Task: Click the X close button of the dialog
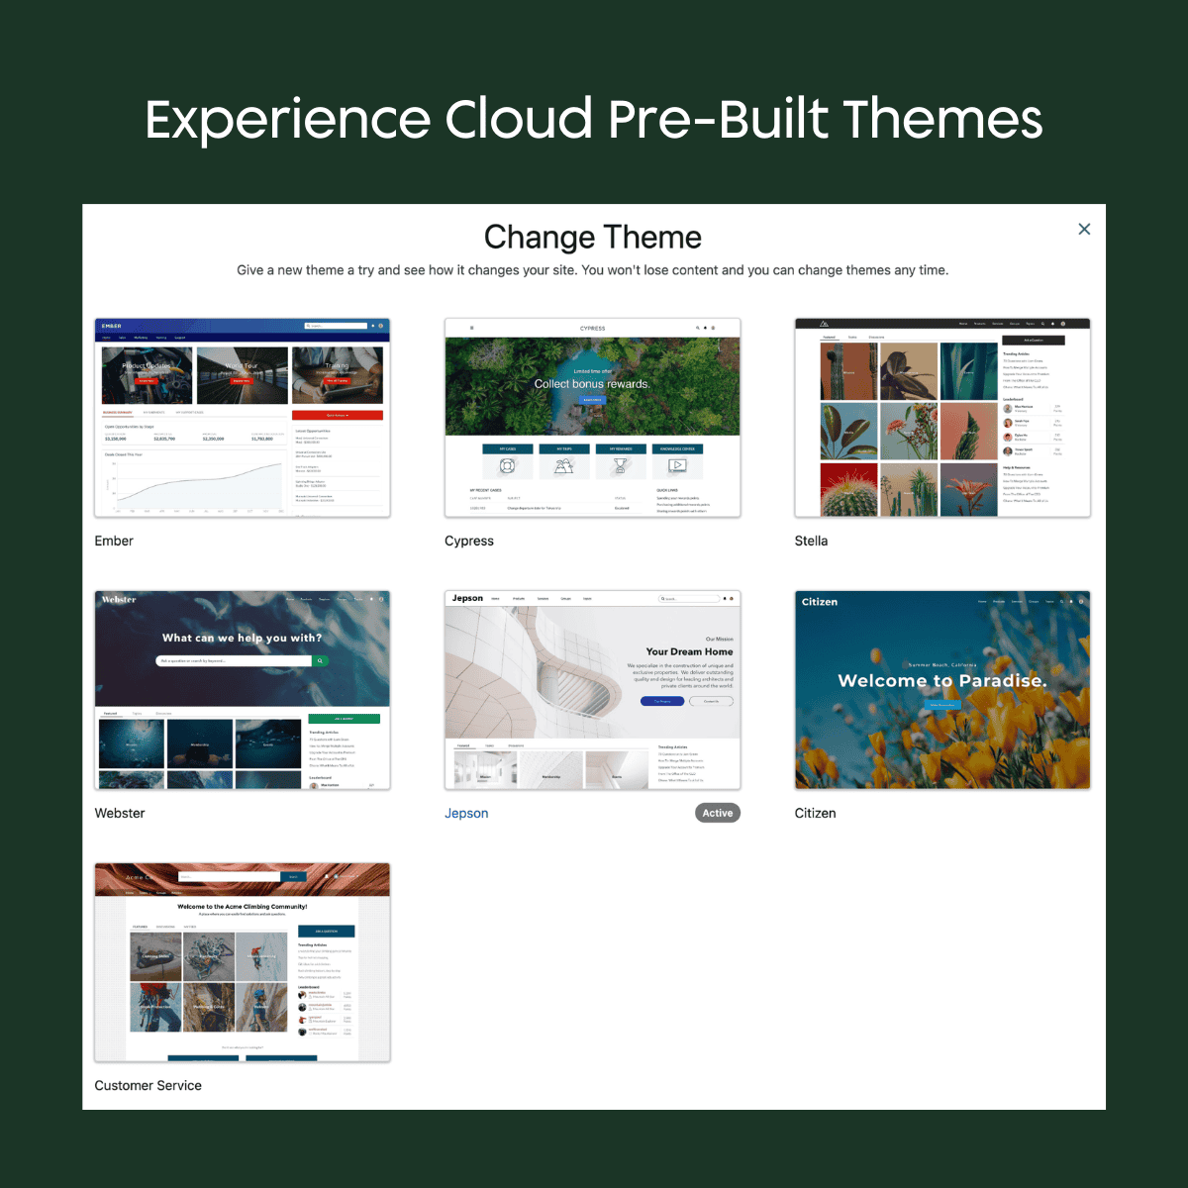1084,229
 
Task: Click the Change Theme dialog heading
592,238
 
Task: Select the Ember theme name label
114,541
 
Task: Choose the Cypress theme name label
468,541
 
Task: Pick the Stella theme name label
811,541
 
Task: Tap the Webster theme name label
120,813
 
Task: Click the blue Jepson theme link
466,813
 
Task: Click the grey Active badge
717,813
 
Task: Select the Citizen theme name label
815,813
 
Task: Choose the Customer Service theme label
148,1085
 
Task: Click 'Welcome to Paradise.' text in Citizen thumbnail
941,680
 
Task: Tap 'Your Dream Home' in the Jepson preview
689,651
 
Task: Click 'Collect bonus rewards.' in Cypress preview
592,384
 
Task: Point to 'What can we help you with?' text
242,638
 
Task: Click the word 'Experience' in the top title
287,121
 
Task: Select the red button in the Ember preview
337,415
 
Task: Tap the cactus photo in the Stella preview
848,489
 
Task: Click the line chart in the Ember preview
198,483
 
